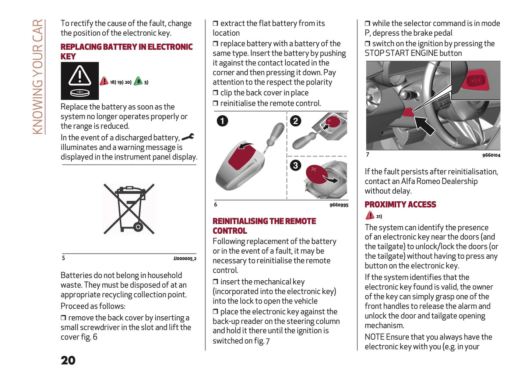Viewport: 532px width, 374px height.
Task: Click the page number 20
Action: (x=68, y=360)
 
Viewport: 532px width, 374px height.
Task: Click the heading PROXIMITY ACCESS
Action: (x=400, y=205)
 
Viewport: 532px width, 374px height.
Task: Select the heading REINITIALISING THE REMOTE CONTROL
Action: (x=264, y=226)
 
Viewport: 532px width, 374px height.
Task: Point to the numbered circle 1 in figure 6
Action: (x=222, y=121)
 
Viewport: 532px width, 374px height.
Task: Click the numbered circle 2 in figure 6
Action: (x=295, y=121)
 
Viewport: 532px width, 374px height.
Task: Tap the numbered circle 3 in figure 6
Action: (x=295, y=165)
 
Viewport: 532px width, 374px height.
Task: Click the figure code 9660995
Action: (x=339, y=205)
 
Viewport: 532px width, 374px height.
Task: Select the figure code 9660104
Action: (x=491, y=155)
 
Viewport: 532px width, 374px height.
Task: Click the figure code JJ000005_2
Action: (x=185, y=259)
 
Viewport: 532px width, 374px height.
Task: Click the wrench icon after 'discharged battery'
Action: (x=188, y=137)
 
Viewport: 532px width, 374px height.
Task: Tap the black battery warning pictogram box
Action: (x=80, y=81)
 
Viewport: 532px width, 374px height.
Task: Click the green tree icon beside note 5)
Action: (x=138, y=81)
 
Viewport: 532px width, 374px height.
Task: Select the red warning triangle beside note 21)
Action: (x=370, y=216)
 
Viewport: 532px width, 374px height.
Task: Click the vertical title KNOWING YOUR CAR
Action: (x=38, y=77)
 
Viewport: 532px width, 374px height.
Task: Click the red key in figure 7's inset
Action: (x=478, y=80)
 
